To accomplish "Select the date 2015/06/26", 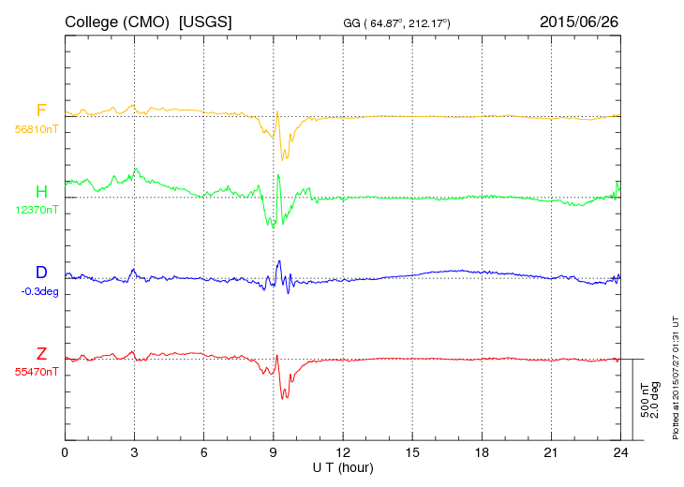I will [x=579, y=21].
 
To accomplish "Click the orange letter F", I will [x=41, y=111].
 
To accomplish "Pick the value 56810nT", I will [x=37, y=129].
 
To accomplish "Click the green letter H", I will [x=41, y=192].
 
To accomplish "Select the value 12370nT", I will [x=37, y=210].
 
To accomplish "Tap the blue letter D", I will [x=41, y=273].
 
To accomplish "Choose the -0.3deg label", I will [x=39, y=290].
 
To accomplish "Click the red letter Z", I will [x=41, y=354].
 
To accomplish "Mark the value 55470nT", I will [x=37, y=372].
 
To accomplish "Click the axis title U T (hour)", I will [x=342, y=466].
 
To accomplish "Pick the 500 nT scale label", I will [x=645, y=400].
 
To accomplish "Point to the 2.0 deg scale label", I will [x=656, y=400].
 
